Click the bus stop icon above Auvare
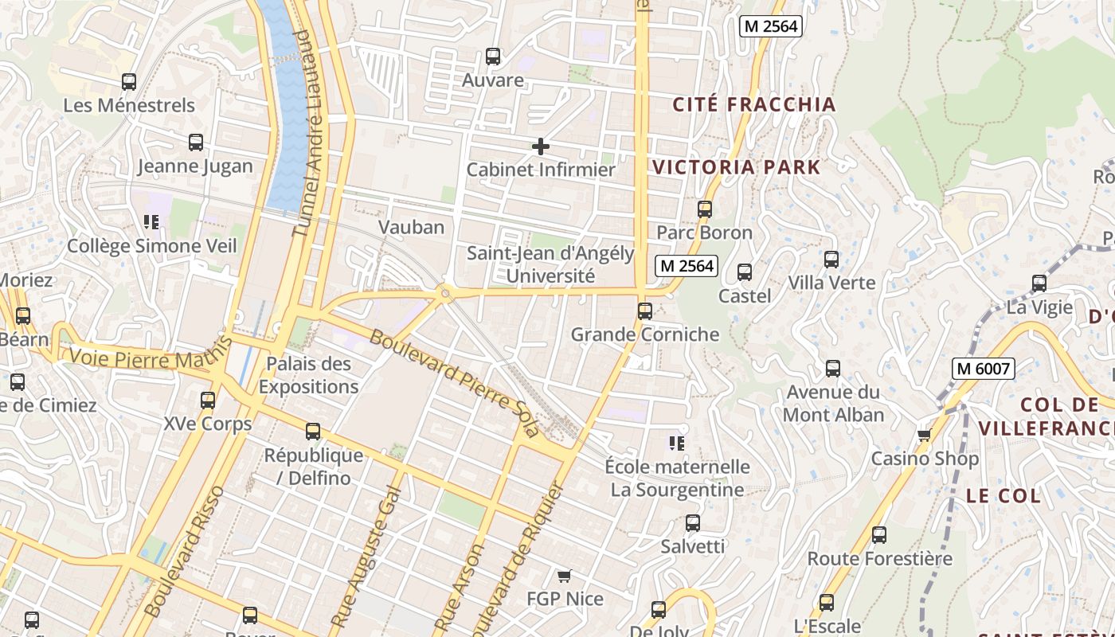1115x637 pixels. [493, 57]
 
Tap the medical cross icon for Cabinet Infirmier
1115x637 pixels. [541, 147]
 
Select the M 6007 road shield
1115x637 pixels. [984, 369]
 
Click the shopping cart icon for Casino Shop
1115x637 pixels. [925, 435]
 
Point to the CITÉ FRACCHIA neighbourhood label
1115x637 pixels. [754, 104]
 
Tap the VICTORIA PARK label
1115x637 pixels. [737, 167]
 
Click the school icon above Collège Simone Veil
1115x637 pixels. [151, 221]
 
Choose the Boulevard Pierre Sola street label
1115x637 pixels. [454, 383]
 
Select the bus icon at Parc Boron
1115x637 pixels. [705, 209]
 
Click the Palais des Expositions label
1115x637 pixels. [308, 375]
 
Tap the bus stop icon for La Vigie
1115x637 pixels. [1039, 283]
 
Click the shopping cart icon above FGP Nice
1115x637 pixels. [565, 576]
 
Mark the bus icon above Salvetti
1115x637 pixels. [693, 523]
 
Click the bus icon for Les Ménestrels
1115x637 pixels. [129, 82]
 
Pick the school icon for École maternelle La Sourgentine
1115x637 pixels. [677, 443]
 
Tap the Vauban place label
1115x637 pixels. [411, 227]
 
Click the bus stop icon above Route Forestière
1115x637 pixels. [879, 535]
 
